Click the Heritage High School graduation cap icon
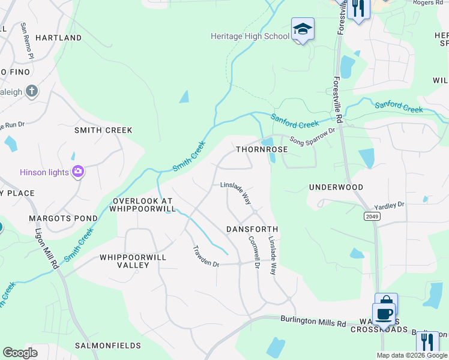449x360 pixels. coord(303,29)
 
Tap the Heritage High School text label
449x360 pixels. coord(250,36)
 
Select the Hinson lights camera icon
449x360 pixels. coord(77,173)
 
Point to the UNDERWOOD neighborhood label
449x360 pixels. coord(336,187)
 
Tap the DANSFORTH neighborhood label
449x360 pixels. coord(252,229)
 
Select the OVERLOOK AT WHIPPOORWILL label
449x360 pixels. coord(142,205)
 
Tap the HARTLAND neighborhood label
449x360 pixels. coord(58,38)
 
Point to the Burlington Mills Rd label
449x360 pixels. coord(313,323)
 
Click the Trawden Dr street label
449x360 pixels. coord(206,256)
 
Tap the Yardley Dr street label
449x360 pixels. coord(390,205)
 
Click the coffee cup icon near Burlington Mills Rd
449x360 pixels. coord(384,313)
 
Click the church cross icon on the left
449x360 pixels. coord(32,92)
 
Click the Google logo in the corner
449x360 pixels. coord(20,353)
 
